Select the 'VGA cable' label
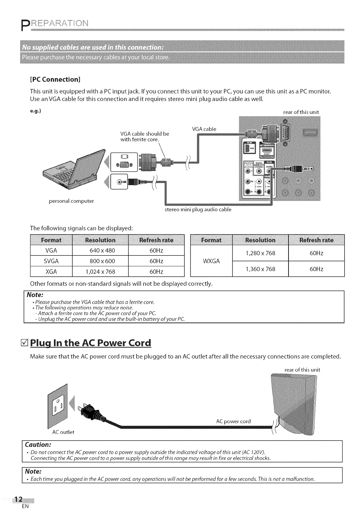(x=204, y=129)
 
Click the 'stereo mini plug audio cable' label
(x=198, y=209)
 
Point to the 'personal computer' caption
(x=72, y=201)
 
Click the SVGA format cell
(x=51, y=261)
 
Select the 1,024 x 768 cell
(x=101, y=272)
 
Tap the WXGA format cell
(x=212, y=261)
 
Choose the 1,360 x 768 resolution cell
(x=260, y=269)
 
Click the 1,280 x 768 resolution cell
(x=260, y=253)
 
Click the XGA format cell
(x=51, y=272)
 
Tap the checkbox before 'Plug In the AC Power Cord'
(x=25, y=343)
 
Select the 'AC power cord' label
(x=233, y=421)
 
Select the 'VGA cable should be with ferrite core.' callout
(x=145, y=136)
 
